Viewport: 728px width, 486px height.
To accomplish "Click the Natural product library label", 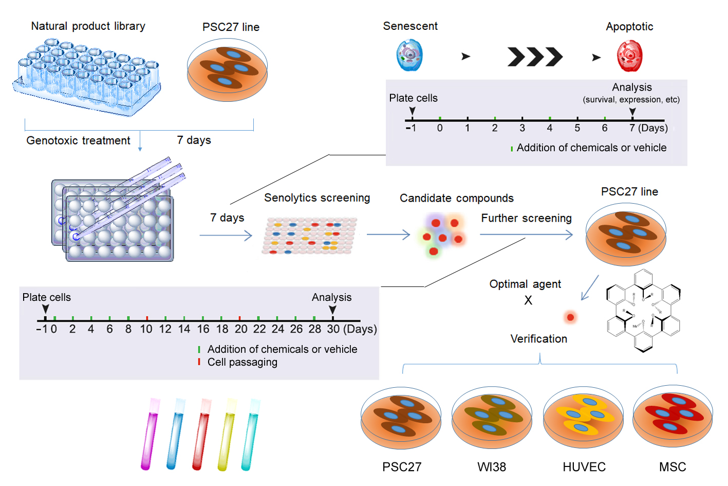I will click(x=88, y=26).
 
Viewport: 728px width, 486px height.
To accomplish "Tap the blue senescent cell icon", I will click(x=409, y=56).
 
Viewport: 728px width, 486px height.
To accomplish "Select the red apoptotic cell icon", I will click(x=630, y=56).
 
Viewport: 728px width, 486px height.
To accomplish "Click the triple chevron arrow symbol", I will click(x=535, y=57).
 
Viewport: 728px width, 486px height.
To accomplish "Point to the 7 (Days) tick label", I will click(x=648, y=128).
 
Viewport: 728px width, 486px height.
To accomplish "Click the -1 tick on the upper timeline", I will click(x=411, y=128).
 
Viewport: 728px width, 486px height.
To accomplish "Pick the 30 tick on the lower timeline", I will click(x=333, y=329).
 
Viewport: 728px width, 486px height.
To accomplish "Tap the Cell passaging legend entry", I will click(x=242, y=362).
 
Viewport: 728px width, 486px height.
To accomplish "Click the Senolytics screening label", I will click(x=317, y=198).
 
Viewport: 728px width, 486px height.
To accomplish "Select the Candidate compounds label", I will click(x=456, y=199).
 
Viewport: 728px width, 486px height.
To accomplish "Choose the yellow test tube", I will click(x=227, y=435).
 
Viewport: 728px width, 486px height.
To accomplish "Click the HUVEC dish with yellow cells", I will click(x=583, y=418).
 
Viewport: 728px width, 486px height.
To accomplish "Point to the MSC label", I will click(x=673, y=467).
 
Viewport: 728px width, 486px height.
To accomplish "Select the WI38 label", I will click(x=492, y=467).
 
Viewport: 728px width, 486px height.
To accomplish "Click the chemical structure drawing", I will click(x=643, y=311).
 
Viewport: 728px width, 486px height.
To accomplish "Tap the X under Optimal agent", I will click(x=528, y=301).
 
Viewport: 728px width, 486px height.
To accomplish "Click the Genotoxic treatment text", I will click(x=79, y=141).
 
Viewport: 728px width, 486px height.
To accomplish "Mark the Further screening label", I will click(x=526, y=219).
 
